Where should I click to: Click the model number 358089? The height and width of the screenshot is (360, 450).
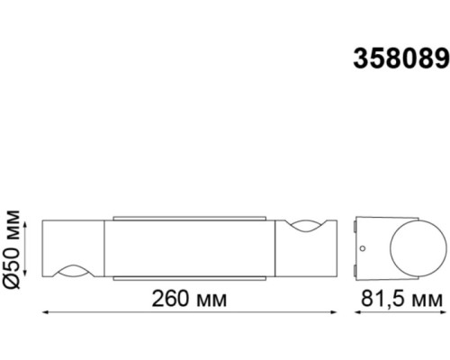(401, 59)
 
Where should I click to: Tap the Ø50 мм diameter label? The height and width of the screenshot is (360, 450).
(12, 249)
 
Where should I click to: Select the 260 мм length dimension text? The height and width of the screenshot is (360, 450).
(189, 299)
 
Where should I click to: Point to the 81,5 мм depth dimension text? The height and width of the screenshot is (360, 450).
(401, 299)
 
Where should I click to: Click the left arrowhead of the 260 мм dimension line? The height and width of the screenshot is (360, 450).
(45, 312)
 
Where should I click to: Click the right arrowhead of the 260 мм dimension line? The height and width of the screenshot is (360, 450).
(334, 312)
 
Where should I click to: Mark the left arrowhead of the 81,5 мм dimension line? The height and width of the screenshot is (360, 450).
(357, 312)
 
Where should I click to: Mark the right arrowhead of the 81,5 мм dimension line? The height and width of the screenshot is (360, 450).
(443, 312)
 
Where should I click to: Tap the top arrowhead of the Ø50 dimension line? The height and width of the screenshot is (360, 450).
(25, 224)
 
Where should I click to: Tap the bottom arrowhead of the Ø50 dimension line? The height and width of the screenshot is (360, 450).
(25, 273)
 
